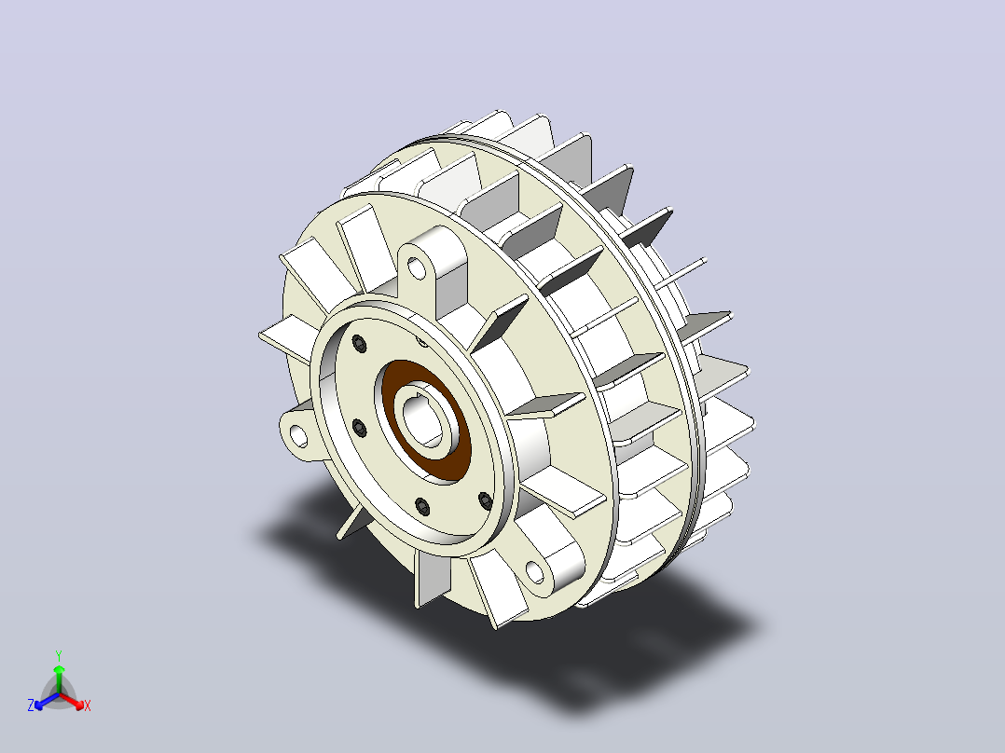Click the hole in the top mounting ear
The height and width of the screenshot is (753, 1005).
click(x=417, y=267)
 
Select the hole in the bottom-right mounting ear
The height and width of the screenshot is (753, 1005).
click(x=535, y=571)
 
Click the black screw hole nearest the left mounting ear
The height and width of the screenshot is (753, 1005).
click(x=359, y=428)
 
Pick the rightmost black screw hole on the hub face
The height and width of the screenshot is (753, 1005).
click(x=486, y=500)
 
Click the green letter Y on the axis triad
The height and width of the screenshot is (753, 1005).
click(x=59, y=655)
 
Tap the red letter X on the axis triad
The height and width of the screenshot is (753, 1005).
click(x=88, y=705)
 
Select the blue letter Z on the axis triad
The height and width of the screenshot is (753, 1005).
click(x=31, y=705)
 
